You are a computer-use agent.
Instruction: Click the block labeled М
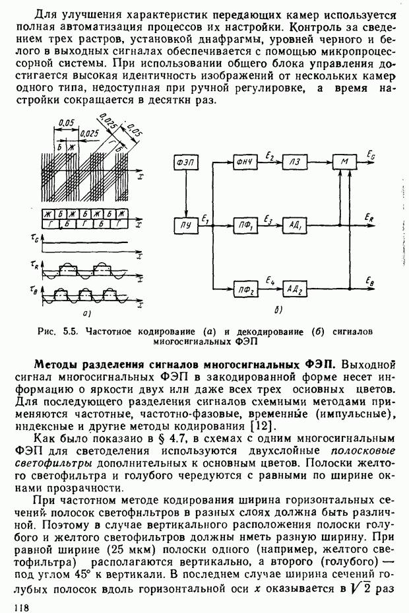[343, 162]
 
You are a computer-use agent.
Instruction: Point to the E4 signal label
[269, 281]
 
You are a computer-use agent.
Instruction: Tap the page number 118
[13, 605]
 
